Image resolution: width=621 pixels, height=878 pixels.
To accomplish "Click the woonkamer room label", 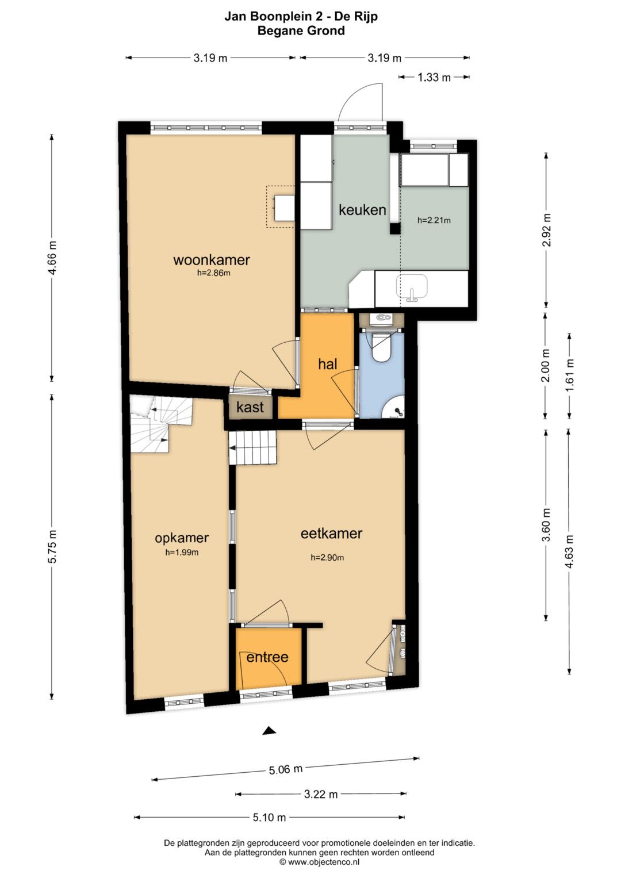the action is pyautogui.click(x=212, y=260).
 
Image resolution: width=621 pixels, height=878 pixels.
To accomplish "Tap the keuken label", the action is pyautogui.click(x=362, y=210).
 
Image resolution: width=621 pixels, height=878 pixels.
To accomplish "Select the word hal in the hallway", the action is pyautogui.click(x=328, y=364).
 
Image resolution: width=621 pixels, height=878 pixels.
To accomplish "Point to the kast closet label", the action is pyautogui.click(x=250, y=407).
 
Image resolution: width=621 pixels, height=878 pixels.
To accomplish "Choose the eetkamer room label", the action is pyautogui.click(x=331, y=534).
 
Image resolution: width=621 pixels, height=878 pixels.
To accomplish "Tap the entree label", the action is pyautogui.click(x=267, y=657).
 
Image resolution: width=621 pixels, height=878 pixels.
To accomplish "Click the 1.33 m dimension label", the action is pyautogui.click(x=434, y=77).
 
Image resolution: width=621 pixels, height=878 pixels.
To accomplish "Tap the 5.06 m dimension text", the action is pyautogui.click(x=285, y=769).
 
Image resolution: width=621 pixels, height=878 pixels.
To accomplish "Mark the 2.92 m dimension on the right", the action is pyautogui.click(x=546, y=229).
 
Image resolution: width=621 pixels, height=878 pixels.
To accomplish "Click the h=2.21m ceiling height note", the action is pyautogui.click(x=434, y=220).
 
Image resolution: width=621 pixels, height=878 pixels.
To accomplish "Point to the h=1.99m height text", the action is pyautogui.click(x=182, y=553).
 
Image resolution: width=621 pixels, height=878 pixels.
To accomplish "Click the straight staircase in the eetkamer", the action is pyautogui.click(x=253, y=447).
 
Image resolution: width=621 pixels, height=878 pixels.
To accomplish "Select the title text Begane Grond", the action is pyautogui.click(x=301, y=30).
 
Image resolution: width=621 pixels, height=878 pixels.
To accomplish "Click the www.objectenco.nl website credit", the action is pyautogui.click(x=319, y=862).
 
